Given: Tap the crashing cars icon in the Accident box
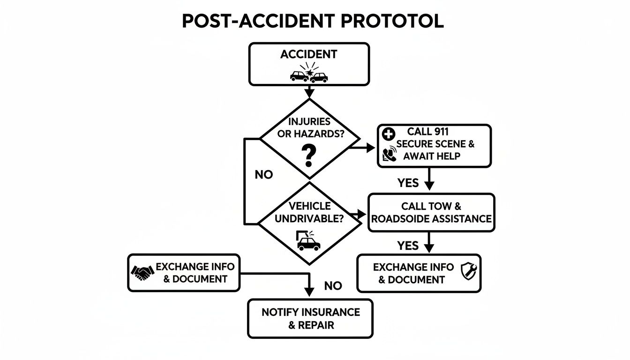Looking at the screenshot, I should [309, 75].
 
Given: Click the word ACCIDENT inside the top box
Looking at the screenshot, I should [309, 54].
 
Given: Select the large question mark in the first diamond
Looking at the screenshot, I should [309, 156].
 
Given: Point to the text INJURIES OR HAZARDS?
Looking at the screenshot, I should [309, 127].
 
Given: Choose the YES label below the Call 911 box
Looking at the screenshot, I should [408, 183].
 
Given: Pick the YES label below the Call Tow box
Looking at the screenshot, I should [408, 246].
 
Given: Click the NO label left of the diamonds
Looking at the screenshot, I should [263, 175].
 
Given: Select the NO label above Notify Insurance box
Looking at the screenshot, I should [333, 285].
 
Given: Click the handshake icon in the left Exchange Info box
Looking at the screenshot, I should [142, 272].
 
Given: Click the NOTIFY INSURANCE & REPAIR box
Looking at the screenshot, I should [310, 318].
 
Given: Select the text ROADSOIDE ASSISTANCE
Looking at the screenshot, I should [431, 219].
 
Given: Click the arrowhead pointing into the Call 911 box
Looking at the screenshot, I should [372, 148].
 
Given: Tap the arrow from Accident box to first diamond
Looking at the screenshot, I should [309, 92].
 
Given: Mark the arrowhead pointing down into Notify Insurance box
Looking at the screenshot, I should [309, 292].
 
